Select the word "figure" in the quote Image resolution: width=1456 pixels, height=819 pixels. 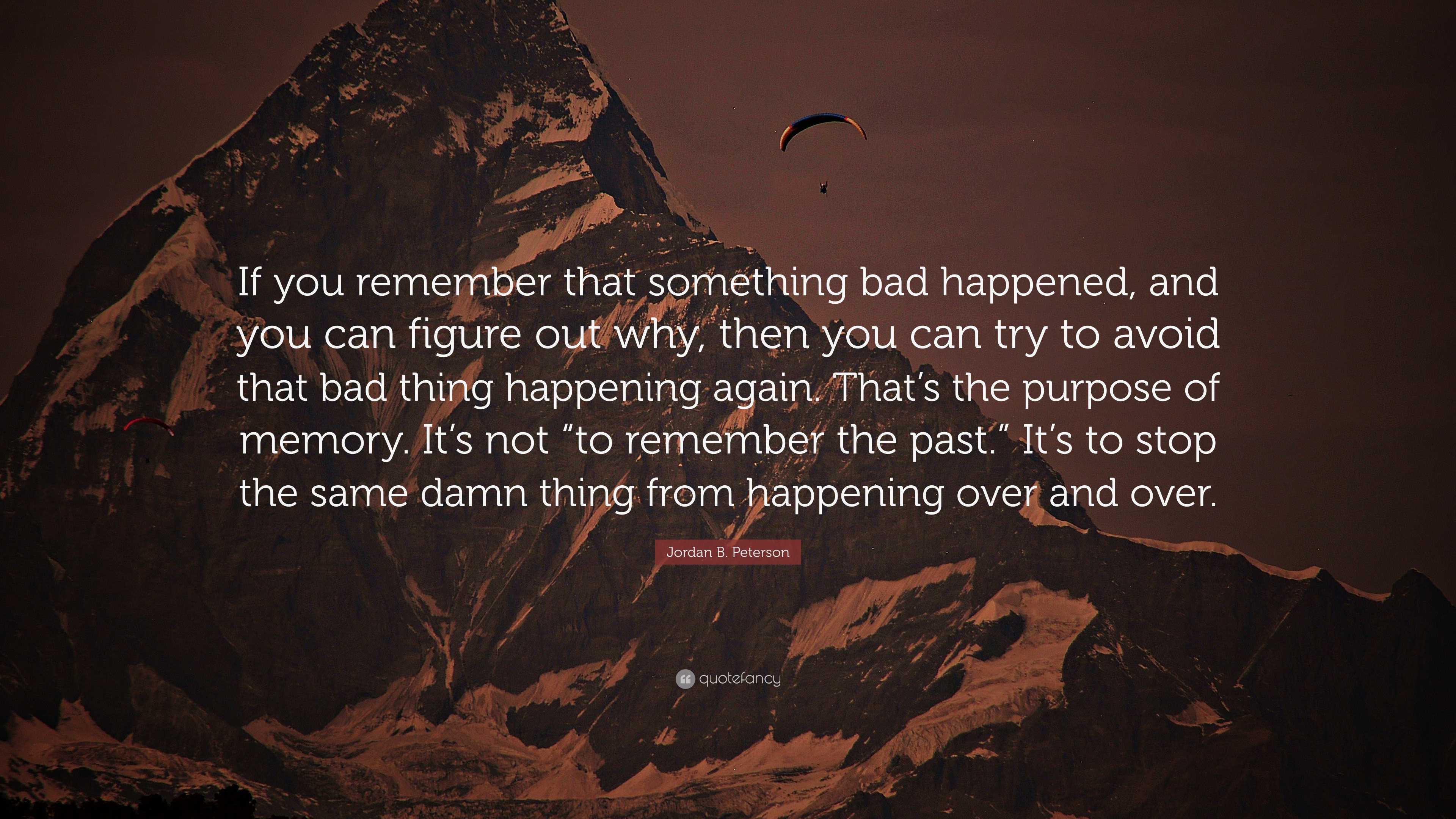coord(463,334)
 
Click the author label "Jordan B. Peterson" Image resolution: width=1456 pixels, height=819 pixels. coord(728,552)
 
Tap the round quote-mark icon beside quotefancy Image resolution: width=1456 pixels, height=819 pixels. coord(684,679)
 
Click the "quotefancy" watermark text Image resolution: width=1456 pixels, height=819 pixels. coord(740,679)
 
